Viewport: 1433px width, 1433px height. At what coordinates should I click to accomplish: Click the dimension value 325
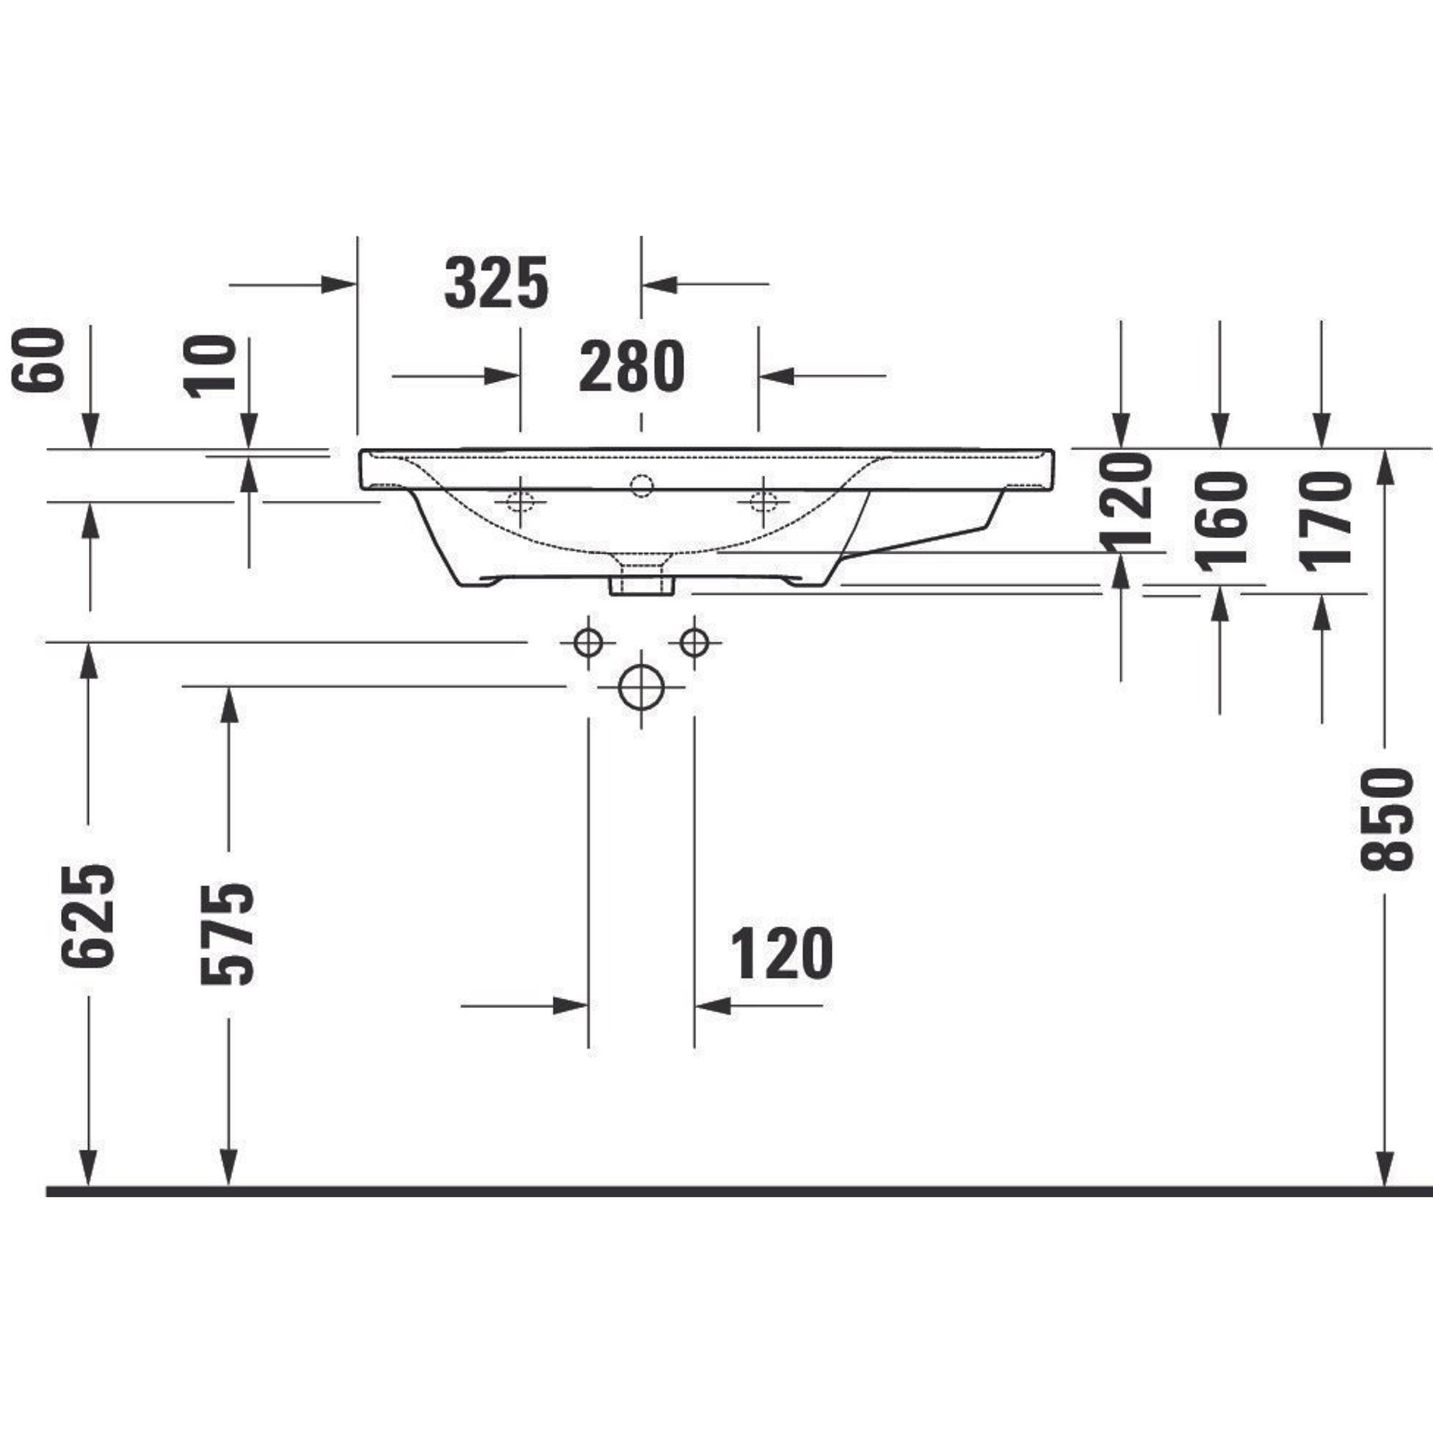497,282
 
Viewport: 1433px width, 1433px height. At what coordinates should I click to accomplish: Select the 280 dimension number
631,366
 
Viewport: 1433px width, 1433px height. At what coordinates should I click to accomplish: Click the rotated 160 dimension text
1221,521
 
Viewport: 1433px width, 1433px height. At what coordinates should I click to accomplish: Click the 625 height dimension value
89,915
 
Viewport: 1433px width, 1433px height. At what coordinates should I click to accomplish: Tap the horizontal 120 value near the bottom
782,954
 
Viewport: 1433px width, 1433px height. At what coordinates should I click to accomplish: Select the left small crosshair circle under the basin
588,641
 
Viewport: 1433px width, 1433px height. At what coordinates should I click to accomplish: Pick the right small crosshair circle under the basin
694,641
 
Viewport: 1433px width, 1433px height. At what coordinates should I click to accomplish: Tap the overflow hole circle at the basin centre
641,486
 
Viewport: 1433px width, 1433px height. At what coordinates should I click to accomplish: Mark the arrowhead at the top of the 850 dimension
1384,467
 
